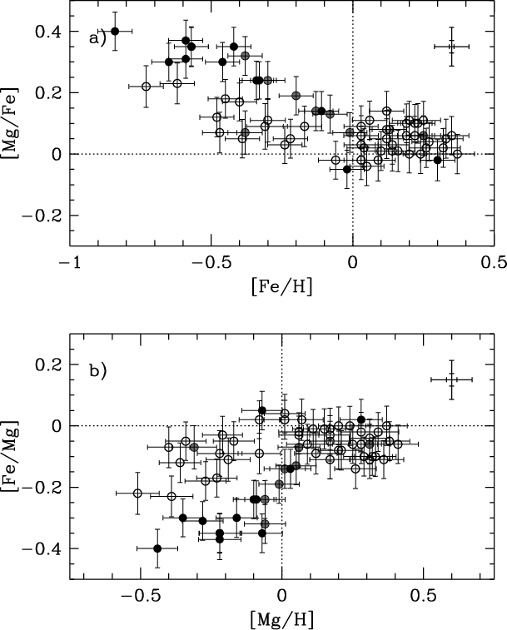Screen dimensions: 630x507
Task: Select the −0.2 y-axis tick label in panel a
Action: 40,215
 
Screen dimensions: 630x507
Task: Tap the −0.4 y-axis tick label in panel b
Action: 40,548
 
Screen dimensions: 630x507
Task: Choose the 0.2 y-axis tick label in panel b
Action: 46,365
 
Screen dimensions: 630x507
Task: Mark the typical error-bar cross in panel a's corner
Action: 451,47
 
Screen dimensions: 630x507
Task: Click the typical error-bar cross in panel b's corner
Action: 451,379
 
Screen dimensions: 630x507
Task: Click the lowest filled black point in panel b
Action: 157,548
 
